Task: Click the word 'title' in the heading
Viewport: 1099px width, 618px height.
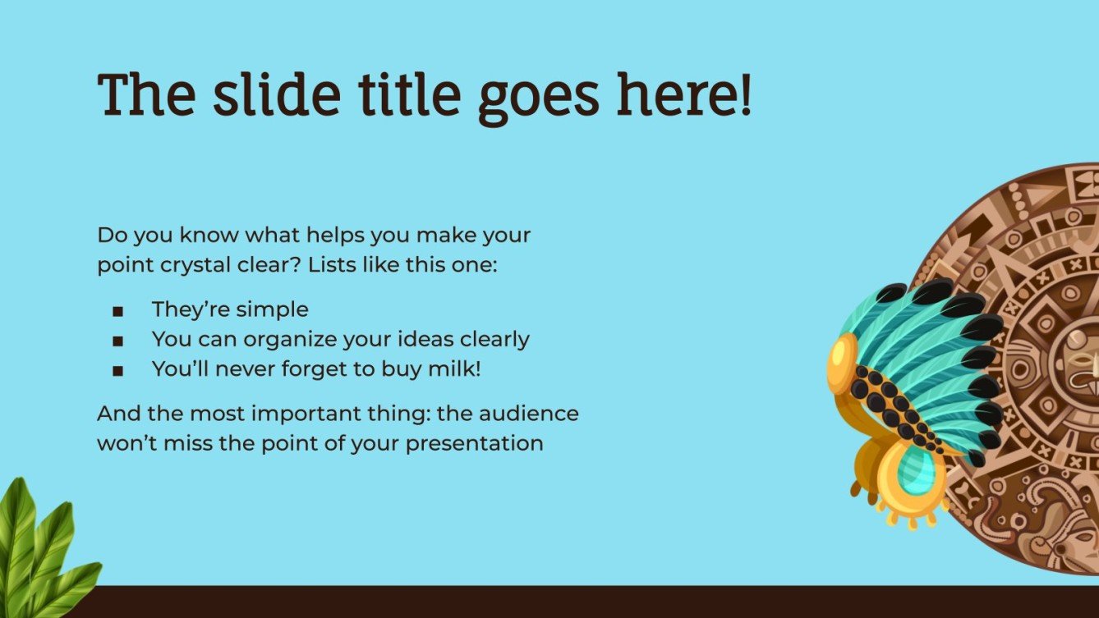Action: click(x=406, y=94)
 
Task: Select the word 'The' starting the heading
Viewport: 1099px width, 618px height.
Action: click(x=147, y=94)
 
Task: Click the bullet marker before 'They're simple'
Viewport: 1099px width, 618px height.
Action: click(x=118, y=311)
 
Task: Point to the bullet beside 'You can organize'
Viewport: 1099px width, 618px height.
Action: click(x=118, y=341)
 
